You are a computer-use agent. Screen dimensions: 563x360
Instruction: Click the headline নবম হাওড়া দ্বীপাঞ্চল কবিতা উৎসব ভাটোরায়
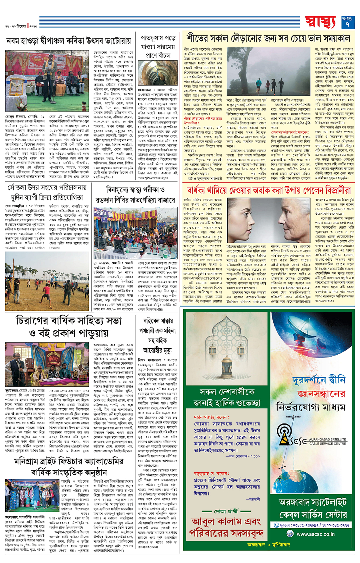(69, 41)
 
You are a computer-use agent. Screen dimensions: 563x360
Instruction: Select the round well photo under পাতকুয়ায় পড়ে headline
(158, 73)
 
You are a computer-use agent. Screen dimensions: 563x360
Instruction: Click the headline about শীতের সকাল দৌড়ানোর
(268, 38)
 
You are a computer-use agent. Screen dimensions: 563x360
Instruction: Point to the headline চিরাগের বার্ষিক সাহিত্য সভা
(69, 327)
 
